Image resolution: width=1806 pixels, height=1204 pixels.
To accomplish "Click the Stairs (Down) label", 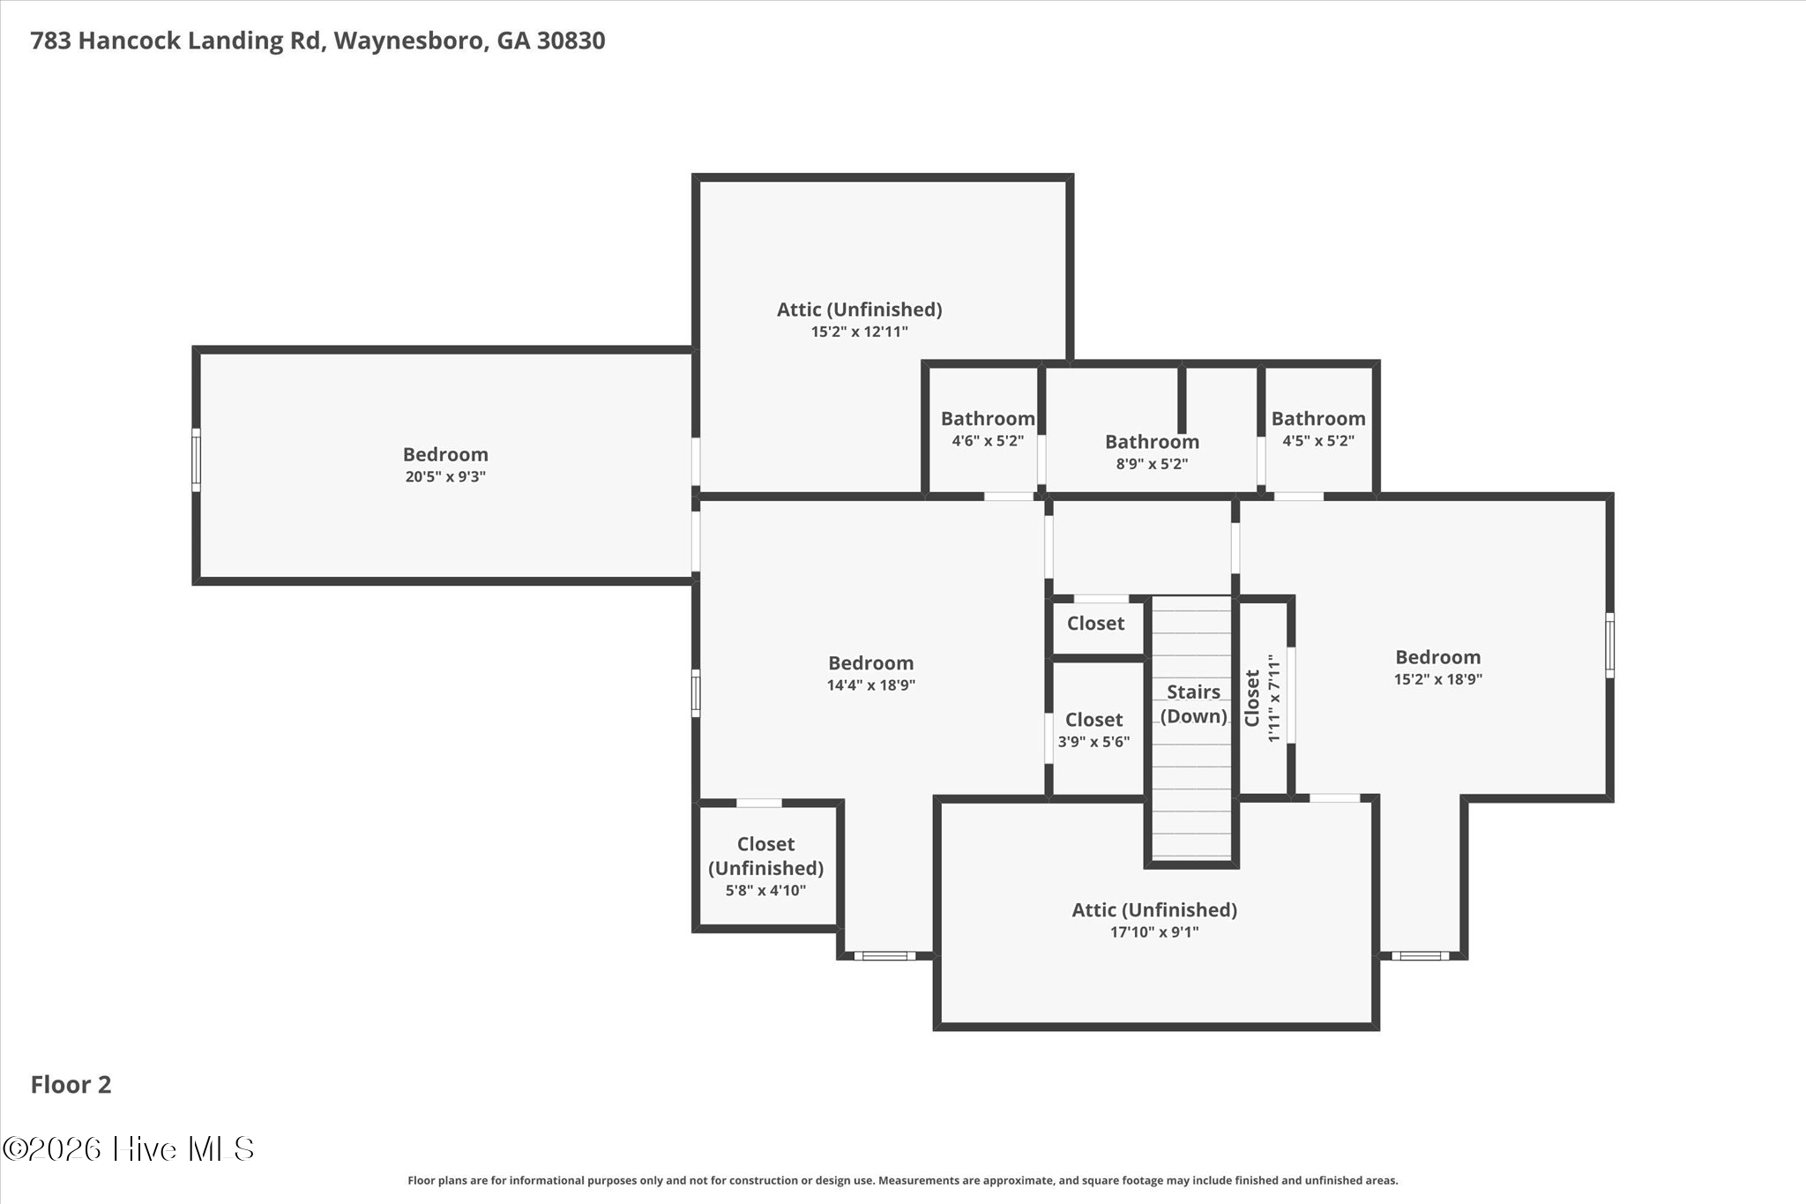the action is (x=1193, y=704).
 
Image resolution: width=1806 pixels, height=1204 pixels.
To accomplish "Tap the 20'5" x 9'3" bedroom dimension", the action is (x=445, y=477).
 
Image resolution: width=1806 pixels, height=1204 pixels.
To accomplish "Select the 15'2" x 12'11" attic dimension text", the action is (x=860, y=333).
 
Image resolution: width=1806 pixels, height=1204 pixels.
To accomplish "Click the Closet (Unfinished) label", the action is (x=765, y=856).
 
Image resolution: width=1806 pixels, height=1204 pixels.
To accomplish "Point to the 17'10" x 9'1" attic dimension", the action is (x=1154, y=932).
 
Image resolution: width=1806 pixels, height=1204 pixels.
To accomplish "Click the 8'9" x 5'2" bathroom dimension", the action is (x=1152, y=464).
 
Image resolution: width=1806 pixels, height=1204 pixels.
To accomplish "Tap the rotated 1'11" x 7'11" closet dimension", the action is (x=1273, y=698).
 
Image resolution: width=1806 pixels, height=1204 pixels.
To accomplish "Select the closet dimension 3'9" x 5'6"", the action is (x=1093, y=742).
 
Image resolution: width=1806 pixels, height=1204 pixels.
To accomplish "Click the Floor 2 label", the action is (x=71, y=1085).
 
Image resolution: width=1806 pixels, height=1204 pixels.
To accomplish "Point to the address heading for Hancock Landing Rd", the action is (x=317, y=41).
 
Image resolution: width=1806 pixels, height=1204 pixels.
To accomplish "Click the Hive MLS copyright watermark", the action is (x=129, y=1148).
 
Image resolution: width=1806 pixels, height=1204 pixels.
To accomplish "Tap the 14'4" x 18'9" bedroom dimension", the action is (x=871, y=685).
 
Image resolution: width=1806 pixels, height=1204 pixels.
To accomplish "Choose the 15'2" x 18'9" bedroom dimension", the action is (x=1438, y=680).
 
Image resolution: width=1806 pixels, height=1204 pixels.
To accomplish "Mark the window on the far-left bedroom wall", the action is (x=196, y=460).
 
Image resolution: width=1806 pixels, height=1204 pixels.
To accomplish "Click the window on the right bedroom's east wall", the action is (x=1609, y=646).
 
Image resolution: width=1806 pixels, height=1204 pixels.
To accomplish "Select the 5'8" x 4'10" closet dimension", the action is (x=765, y=891).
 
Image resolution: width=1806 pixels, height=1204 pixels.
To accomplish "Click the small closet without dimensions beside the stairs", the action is (x=1096, y=624).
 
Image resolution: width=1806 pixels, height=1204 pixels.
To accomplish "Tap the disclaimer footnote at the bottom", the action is (x=903, y=1180).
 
